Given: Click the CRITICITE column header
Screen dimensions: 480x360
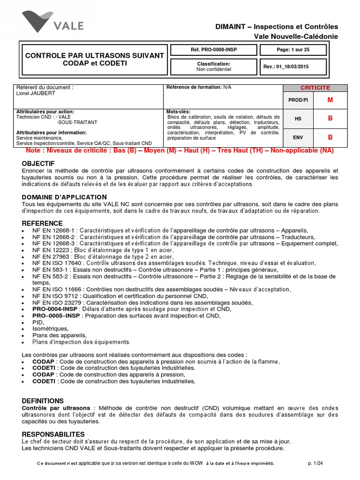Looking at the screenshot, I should (x=315, y=88).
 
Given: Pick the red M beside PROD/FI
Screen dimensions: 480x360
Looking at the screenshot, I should (x=330, y=100).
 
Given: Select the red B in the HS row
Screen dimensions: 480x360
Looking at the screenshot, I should (x=330, y=119).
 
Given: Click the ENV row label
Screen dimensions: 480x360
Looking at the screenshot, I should (x=298, y=137).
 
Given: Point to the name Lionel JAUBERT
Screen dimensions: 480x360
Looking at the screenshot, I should (x=36, y=93).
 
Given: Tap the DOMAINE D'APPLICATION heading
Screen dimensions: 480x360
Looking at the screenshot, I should (x=64, y=197).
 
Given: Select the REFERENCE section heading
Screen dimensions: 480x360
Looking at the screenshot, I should (x=42, y=223).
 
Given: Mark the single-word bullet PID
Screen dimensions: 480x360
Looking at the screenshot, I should (x=38, y=322).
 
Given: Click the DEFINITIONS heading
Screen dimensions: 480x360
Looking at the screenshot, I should (x=43, y=401).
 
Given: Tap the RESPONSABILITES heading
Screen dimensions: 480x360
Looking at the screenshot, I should (x=53, y=434).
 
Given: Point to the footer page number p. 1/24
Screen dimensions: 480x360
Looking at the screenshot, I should (x=315, y=463).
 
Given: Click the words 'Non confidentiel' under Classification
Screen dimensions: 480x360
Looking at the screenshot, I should (x=213, y=69).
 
